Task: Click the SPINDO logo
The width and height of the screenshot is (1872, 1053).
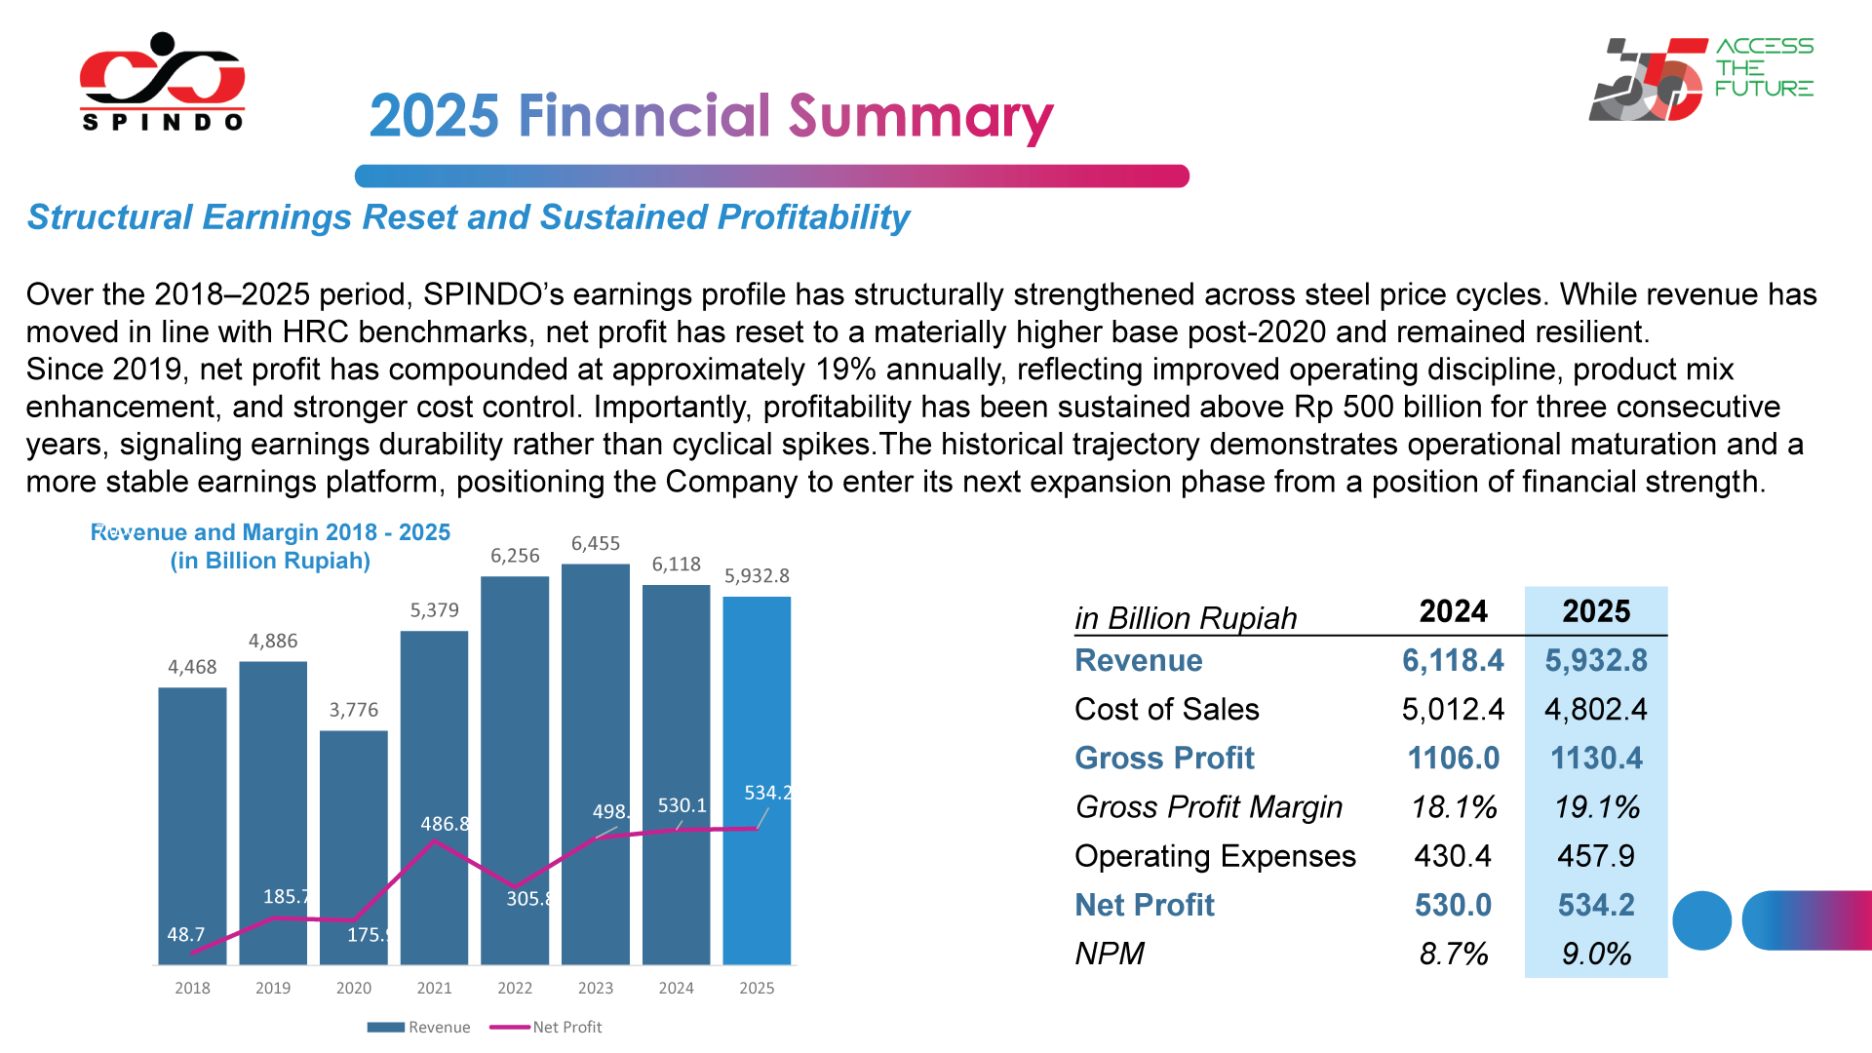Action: [x=162, y=83]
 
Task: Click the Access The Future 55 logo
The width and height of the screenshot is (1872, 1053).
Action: [x=1700, y=78]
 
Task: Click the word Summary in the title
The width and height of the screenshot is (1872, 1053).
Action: [x=920, y=117]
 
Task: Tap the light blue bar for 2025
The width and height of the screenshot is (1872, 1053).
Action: [x=757, y=702]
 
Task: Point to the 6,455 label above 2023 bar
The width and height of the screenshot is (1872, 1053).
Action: [x=595, y=544]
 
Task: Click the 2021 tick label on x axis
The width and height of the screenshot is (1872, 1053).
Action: [x=434, y=988]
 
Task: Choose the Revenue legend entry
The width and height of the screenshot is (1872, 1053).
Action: [x=419, y=1027]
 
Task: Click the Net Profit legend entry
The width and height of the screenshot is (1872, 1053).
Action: [x=546, y=1027]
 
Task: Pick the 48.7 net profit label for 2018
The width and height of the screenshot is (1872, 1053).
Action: [x=185, y=934]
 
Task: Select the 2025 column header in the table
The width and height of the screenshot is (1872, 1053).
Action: [x=1596, y=611]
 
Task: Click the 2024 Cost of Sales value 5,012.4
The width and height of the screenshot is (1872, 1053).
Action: [x=1453, y=710]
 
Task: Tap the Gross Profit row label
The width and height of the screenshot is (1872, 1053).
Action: [x=1164, y=759]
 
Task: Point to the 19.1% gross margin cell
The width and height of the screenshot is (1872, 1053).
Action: [x=1596, y=807]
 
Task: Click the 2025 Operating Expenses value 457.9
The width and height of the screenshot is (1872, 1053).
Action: [x=1596, y=856]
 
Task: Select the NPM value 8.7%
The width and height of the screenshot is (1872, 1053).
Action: [x=1453, y=954]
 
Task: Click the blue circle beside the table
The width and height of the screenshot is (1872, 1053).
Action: [x=1701, y=920]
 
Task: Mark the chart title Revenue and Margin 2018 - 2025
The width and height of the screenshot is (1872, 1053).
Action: [x=270, y=532]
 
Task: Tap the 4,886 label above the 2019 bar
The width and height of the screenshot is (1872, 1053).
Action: [x=273, y=642]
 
